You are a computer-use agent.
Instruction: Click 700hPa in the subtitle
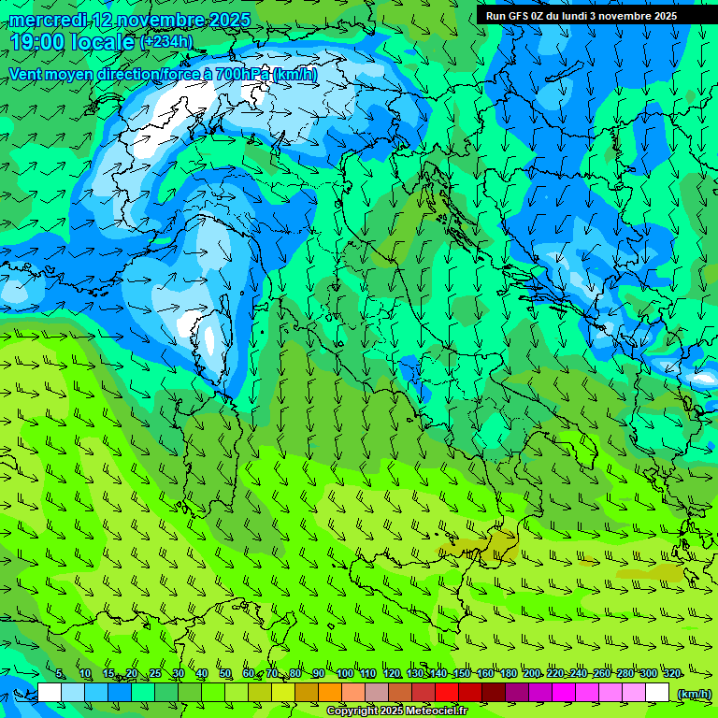(241, 74)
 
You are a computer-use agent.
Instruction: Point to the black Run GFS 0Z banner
(581, 15)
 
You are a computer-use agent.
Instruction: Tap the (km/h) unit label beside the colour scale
(693, 693)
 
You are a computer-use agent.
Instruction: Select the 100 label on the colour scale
(345, 674)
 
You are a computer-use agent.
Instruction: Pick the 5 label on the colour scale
(61, 674)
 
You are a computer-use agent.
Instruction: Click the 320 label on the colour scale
(671, 674)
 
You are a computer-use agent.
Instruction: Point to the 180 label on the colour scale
(508, 674)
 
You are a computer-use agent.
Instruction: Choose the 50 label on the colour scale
(225, 674)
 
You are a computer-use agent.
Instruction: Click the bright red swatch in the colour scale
(447, 693)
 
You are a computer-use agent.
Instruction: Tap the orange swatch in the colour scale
(330, 693)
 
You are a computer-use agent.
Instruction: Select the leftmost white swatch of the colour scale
(50, 693)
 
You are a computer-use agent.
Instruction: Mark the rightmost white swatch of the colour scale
(657, 693)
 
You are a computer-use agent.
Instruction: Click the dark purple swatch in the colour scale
(517, 693)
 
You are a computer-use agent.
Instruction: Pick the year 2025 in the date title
(230, 20)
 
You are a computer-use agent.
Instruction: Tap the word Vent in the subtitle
(27, 74)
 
